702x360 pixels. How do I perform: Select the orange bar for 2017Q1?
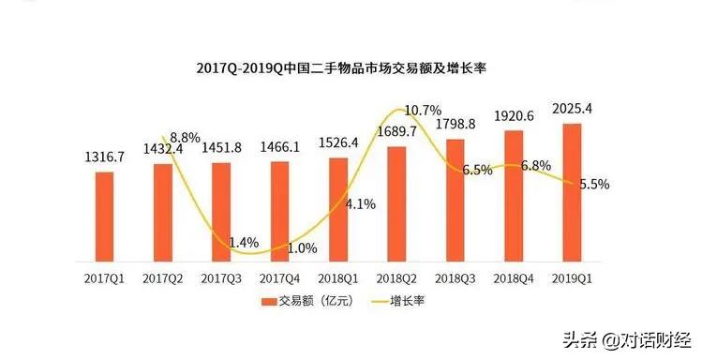click(104, 217)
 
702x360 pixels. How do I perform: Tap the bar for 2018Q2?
click(396, 203)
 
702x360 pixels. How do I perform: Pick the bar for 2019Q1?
click(571, 192)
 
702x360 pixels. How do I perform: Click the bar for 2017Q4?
click(279, 211)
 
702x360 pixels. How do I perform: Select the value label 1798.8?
click(455, 125)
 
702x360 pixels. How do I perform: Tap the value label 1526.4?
click(337, 142)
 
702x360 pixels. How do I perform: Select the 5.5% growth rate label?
click(592, 185)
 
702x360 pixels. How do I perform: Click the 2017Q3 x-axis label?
click(221, 278)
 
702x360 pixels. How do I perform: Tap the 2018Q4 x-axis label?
click(513, 278)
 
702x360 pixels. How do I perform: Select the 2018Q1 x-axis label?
click(337, 278)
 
